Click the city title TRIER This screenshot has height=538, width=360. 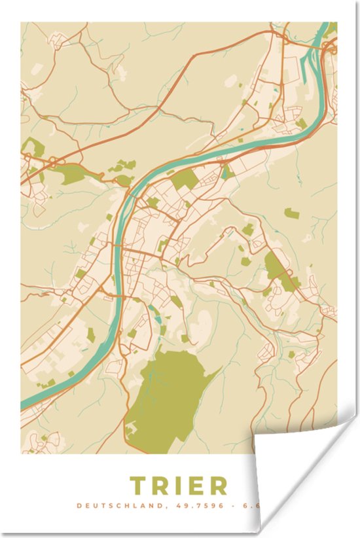pos(179,486)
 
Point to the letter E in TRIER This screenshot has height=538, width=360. pos(198,486)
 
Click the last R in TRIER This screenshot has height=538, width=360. pos(219,486)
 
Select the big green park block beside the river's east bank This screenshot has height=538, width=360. pos(185,179)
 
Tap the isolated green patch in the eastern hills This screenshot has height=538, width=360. pos(292,213)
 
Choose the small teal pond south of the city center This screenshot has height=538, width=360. pos(156,319)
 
